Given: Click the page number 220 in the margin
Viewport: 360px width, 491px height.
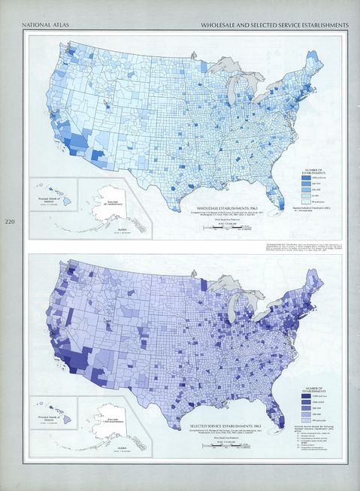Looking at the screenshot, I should [x=10, y=222].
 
